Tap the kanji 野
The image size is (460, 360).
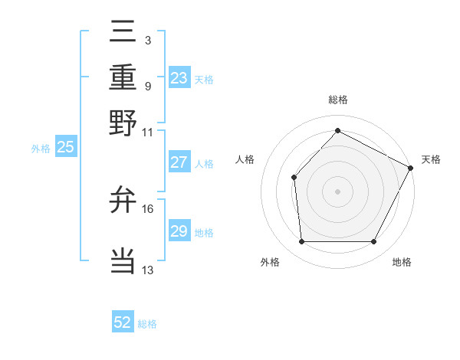click(123, 123)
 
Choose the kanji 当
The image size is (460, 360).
click(123, 261)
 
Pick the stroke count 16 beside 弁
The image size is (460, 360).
click(148, 208)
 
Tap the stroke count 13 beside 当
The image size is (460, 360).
click(148, 270)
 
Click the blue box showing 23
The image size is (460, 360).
click(179, 78)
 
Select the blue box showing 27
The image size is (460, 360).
click(179, 162)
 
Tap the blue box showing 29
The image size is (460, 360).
click(179, 231)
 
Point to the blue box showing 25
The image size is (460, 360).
click(65, 147)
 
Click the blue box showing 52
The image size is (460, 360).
click(123, 322)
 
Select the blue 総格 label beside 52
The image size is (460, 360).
click(147, 324)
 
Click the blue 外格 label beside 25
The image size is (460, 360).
click(40, 149)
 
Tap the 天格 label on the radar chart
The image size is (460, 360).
click(431, 159)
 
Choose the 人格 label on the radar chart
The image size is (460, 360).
click(245, 159)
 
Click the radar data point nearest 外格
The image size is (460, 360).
click(301, 242)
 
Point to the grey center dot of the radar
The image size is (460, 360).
click(337, 191)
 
